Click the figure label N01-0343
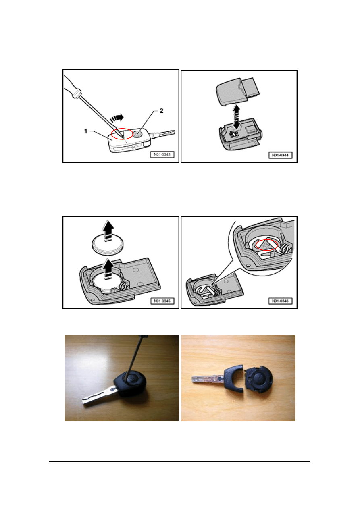(162, 154)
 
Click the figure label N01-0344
(280, 155)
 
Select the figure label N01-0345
(162, 301)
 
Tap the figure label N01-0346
(280, 301)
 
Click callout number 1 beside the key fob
(86, 131)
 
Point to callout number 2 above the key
(161, 111)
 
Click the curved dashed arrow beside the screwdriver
(117, 118)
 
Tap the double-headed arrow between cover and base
(237, 118)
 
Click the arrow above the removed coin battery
(108, 230)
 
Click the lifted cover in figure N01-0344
(237, 91)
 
